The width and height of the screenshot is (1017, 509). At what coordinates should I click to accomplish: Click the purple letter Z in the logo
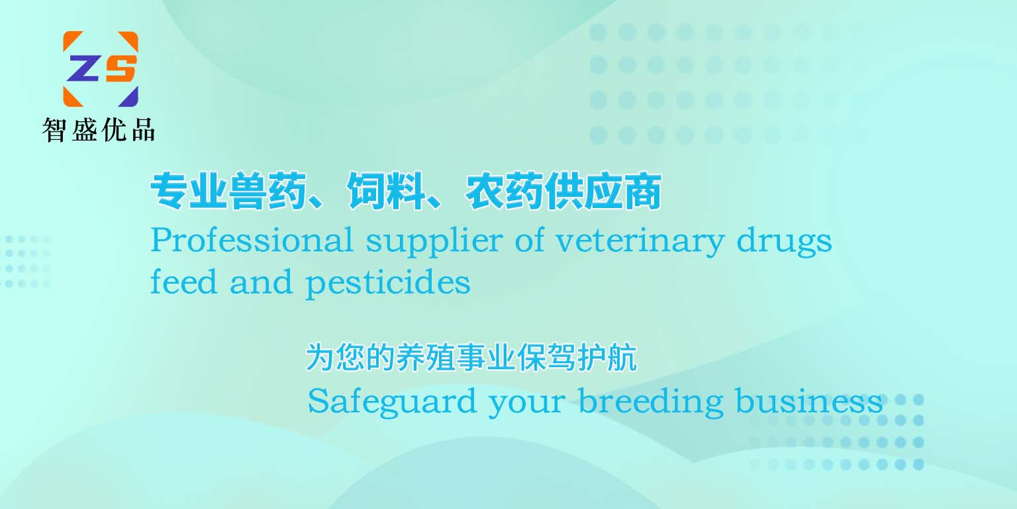tap(83, 69)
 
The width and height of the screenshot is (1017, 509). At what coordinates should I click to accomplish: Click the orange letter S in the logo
tap(121, 69)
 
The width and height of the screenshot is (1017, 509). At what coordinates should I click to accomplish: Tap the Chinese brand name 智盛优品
tap(99, 130)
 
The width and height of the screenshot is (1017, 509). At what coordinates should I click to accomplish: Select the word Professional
tap(252, 240)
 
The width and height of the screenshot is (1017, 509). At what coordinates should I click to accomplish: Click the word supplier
tap(434, 242)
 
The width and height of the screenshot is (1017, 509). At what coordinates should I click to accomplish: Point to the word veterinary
tap(639, 242)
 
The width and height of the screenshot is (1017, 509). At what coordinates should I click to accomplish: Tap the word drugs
tap(784, 242)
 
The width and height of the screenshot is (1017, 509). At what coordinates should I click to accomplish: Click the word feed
tap(183, 282)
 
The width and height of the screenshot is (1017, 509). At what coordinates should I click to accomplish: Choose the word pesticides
tap(388, 283)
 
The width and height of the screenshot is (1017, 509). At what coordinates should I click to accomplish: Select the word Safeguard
tap(392, 402)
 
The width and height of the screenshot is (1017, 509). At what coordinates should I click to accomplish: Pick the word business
tap(808, 401)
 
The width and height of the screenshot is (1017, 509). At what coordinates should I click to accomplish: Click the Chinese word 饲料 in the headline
tap(386, 191)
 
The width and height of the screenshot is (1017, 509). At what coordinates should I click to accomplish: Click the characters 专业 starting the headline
tap(189, 191)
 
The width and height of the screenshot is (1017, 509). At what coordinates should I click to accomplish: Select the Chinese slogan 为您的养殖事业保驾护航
tap(471, 357)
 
